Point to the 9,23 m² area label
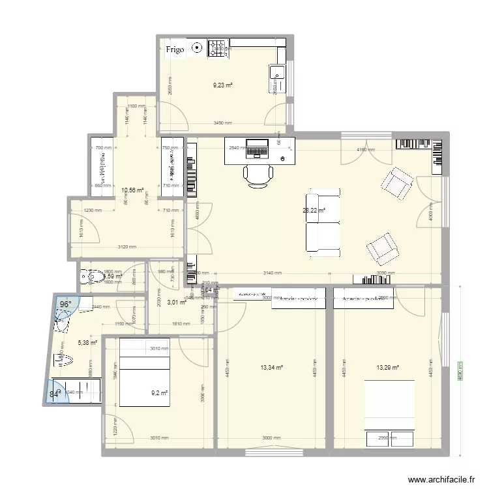point(223,85)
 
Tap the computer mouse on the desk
point(283,158)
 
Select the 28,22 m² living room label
point(314,211)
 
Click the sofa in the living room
point(324,222)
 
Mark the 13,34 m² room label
point(271,368)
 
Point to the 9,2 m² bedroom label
point(160,393)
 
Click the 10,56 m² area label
point(132,191)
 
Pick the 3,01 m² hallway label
point(177,302)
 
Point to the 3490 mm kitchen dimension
point(224,123)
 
